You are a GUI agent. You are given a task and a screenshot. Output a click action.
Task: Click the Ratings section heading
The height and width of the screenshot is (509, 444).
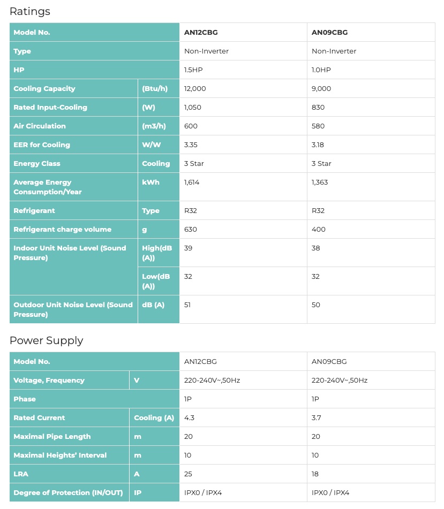(x=29, y=11)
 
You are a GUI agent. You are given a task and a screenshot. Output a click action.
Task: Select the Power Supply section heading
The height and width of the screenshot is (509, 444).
(x=46, y=340)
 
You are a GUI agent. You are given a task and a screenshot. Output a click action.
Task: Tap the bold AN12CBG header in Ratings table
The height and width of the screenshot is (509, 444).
(x=201, y=32)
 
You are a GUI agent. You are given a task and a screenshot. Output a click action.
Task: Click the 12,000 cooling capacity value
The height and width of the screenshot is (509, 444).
(x=195, y=88)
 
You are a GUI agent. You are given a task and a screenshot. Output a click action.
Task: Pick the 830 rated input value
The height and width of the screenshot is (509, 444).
(x=318, y=107)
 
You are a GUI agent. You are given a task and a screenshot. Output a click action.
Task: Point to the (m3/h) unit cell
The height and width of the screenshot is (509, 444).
(x=154, y=126)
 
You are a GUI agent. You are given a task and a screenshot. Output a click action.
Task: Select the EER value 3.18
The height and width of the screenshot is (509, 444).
(x=318, y=145)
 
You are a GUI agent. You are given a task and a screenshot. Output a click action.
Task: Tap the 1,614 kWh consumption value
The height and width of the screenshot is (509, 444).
(x=192, y=182)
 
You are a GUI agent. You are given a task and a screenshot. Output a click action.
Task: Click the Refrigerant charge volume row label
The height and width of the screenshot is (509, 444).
(x=62, y=229)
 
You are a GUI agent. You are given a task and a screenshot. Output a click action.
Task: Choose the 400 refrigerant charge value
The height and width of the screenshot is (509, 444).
(x=319, y=229)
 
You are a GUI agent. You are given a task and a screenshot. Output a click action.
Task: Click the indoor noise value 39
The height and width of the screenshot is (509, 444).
(x=188, y=248)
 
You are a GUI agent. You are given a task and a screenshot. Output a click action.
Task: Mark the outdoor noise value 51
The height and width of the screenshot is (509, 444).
(x=187, y=305)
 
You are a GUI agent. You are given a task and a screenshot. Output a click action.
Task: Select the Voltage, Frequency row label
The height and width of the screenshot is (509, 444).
(x=49, y=380)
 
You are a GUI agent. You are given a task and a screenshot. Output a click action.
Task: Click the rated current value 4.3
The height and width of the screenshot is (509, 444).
(x=189, y=417)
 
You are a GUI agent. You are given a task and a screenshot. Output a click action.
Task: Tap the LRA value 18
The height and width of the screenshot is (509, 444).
(x=316, y=474)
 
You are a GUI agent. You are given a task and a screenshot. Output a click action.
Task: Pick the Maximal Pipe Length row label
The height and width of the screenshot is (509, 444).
(x=52, y=436)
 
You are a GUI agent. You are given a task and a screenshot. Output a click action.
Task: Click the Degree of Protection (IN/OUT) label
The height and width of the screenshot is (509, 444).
(x=68, y=492)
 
